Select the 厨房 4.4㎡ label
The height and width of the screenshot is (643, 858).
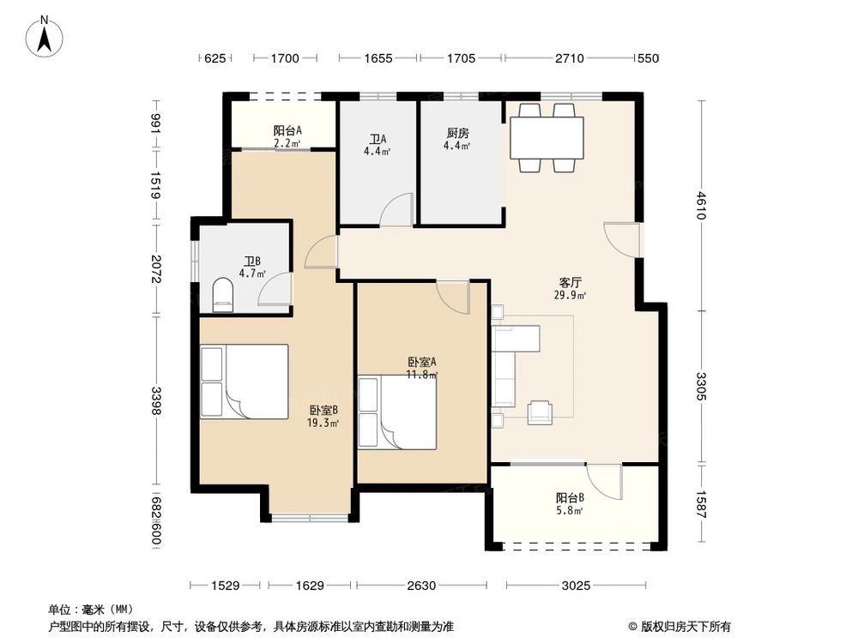coord(457,140)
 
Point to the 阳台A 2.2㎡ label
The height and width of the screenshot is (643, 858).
coord(287,136)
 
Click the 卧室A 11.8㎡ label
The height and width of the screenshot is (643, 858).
coord(422,368)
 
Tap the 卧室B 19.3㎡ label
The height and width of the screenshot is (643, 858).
coord(323,416)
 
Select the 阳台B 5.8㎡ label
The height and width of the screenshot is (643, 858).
coord(570,503)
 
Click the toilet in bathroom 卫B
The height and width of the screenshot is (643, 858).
coord(222,294)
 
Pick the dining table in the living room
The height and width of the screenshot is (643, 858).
coord(547,137)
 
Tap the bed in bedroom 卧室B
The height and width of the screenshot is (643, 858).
coord(244,382)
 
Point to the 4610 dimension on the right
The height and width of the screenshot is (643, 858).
coord(701,206)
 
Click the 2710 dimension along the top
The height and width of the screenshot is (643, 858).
coord(568,58)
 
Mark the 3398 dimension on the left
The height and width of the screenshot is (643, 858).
coord(154,400)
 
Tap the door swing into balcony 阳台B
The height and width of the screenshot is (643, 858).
coord(607,481)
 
